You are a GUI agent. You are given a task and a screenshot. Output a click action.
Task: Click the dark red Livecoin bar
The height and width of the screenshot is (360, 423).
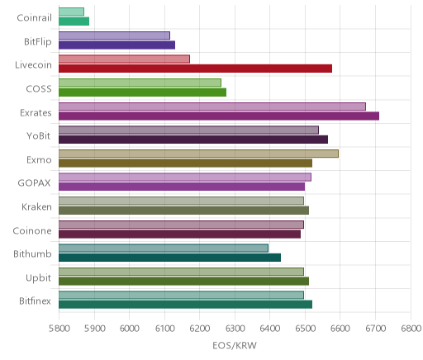click(195, 69)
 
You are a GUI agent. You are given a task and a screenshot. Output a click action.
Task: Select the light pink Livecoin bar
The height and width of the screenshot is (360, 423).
click(124, 59)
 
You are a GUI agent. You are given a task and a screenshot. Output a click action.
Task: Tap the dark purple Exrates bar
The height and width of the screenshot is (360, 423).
click(219, 116)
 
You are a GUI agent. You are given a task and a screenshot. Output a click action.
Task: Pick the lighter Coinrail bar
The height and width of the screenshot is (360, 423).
click(71, 12)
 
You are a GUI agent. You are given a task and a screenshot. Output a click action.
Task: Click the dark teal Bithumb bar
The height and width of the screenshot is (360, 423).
click(169, 258)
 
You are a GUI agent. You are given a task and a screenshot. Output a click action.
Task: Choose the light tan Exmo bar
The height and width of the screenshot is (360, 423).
click(198, 154)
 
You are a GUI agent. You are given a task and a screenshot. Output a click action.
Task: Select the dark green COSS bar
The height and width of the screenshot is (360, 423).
click(142, 92)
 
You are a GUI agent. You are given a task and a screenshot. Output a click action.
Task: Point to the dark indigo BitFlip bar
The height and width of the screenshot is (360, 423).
click(116, 45)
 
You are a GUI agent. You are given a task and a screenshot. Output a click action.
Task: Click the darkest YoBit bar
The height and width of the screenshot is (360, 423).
click(193, 140)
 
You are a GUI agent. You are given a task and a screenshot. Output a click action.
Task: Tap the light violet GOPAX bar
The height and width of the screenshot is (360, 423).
click(185, 178)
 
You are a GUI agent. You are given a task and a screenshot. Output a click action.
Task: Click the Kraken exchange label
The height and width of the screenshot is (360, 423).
click(36, 206)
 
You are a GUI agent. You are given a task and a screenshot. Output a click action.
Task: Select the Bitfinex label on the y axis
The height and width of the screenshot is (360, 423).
click(35, 301)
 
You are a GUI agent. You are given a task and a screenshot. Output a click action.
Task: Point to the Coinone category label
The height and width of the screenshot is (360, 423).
click(32, 230)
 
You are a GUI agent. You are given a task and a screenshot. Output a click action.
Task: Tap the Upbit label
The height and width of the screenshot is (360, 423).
click(38, 277)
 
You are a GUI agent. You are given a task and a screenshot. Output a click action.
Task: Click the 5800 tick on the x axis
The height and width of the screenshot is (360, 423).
click(59, 329)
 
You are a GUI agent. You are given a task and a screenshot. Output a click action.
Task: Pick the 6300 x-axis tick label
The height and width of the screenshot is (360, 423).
click(235, 329)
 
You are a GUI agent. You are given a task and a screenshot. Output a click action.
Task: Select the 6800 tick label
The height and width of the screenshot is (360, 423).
click(411, 329)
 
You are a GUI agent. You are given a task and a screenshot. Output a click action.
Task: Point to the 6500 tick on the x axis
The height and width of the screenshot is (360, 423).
click(305, 329)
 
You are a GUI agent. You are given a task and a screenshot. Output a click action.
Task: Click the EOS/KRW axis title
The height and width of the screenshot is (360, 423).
click(235, 345)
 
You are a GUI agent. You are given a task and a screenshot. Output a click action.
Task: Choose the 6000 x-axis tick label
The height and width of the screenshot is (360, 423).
click(130, 329)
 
